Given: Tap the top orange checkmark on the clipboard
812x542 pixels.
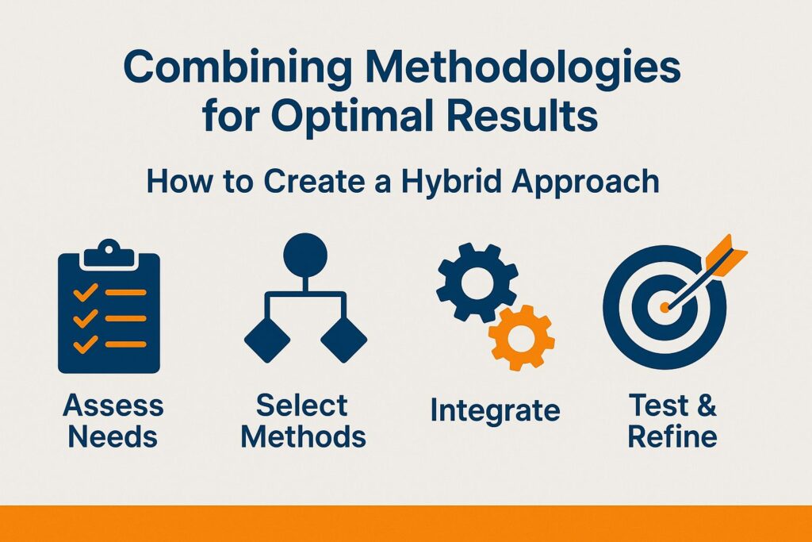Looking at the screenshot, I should pyautogui.click(x=85, y=293).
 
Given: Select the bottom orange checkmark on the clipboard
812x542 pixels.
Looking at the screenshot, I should pyautogui.click(x=85, y=344).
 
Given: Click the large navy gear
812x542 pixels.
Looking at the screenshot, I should pyautogui.click(x=477, y=283).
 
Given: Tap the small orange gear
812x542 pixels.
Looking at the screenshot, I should pyautogui.click(x=521, y=336).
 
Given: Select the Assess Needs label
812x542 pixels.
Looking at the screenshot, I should pyautogui.click(x=113, y=421).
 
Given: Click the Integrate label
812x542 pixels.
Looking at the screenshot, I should pyautogui.click(x=495, y=411).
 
